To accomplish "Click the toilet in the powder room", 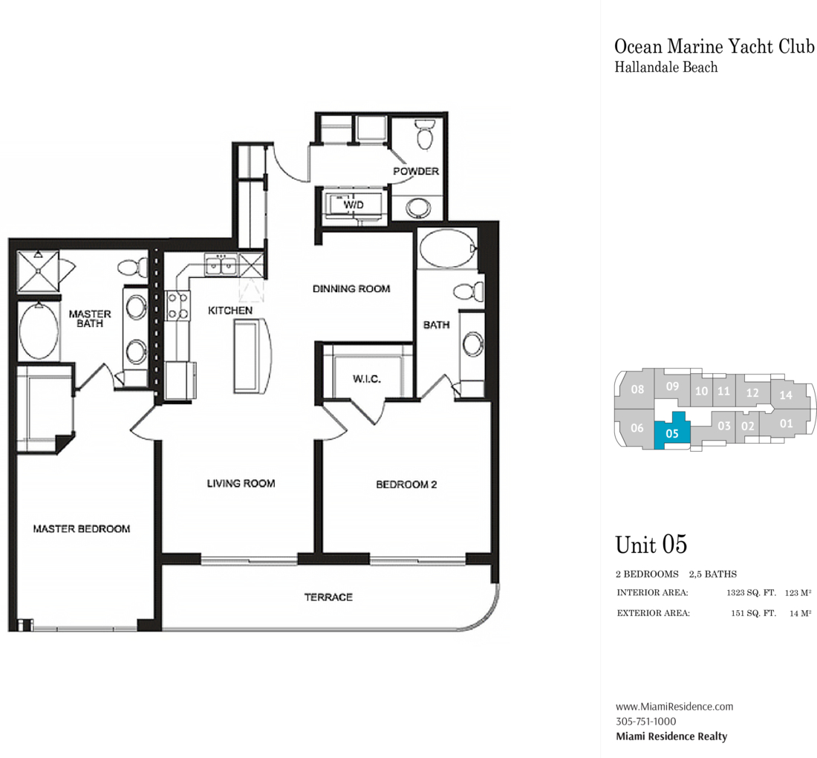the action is click(x=425, y=135).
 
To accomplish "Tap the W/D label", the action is click(x=354, y=205).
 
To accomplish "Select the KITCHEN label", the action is click(x=230, y=311).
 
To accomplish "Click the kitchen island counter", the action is click(x=253, y=355).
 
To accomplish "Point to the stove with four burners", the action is click(x=178, y=306).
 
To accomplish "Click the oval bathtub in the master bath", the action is click(x=39, y=331).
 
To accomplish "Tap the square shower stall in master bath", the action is click(x=38, y=271).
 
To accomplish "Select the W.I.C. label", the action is click(x=366, y=379).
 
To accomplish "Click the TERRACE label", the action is click(x=328, y=597).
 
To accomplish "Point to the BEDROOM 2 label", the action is click(x=406, y=485).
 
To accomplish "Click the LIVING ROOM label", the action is click(x=241, y=483).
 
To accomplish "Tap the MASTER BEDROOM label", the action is click(x=81, y=528).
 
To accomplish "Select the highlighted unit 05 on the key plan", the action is click(x=672, y=431).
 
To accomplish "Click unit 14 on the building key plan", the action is click(x=786, y=395).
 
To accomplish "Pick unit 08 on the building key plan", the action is click(x=637, y=389).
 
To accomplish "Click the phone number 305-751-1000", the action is click(x=646, y=722).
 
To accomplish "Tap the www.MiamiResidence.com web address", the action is click(x=674, y=707).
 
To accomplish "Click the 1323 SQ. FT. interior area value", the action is click(x=752, y=593).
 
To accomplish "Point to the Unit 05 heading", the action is click(x=651, y=545).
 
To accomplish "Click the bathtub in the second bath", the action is click(x=448, y=249).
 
